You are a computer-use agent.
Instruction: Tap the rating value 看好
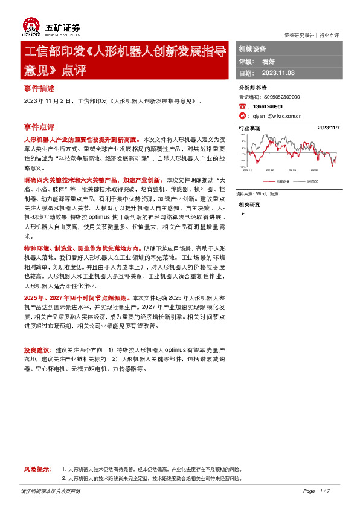pos(269,61)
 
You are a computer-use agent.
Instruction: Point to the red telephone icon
pos(242,106)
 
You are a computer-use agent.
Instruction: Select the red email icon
pos(242,115)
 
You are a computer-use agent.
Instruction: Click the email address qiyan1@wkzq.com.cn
pos(277,115)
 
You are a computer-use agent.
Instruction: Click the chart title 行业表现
pos(249,128)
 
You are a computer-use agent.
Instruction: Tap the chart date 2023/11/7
pos(329,128)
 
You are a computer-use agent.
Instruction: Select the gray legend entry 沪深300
pos(312,181)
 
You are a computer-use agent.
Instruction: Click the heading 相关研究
pos(249,204)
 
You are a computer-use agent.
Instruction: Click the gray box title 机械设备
pos(252,49)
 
